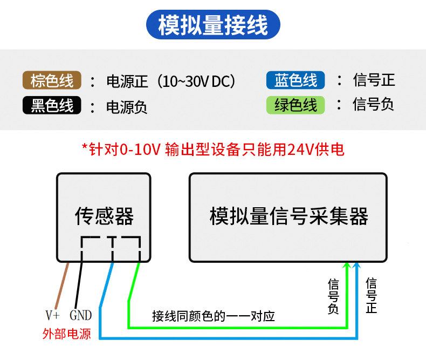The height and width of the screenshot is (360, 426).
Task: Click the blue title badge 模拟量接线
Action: pyautogui.click(x=214, y=25)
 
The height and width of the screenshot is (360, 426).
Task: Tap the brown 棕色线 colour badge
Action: pyautogui.click(x=52, y=80)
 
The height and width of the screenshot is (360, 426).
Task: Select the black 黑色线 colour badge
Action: pyautogui.click(x=52, y=105)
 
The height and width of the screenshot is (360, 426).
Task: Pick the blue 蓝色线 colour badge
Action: pyautogui.click(x=296, y=80)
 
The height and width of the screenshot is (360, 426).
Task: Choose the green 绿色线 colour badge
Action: pyautogui.click(x=296, y=105)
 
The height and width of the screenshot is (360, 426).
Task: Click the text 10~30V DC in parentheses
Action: pyautogui.click(x=196, y=81)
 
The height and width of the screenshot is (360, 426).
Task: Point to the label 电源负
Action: pyautogui.click(x=127, y=107)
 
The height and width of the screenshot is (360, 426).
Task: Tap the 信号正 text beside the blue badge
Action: pyautogui.click(x=374, y=80)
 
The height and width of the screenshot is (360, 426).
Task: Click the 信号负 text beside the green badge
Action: pyautogui.click(x=373, y=104)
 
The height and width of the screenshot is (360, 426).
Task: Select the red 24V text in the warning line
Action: pyautogui.click(x=300, y=150)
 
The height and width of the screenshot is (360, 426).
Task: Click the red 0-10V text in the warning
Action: pyautogui.click(x=140, y=150)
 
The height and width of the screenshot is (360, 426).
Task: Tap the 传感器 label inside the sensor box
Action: pyautogui.click(x=104, y=216)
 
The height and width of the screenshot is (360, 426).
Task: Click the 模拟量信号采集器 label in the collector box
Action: pyautogui.click(x=289, y=216)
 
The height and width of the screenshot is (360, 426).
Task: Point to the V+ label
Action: pyautogui.click(x=53, y=315)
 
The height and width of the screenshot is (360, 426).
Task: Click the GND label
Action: pyautogui.click(x=81, y=315)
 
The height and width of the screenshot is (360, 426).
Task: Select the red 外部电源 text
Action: pyautogui.click(x=66, y=334)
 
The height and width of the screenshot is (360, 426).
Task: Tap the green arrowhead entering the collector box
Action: pyautogui.click(x=346, y=266)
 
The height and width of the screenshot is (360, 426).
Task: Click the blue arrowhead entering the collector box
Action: pyautogui.click(x=357, y=266)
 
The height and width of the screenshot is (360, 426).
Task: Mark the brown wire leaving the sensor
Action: pyautogui.click(x=62, y=285)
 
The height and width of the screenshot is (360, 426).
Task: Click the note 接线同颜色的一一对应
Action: pyautogui.click(x=214, y=316)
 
